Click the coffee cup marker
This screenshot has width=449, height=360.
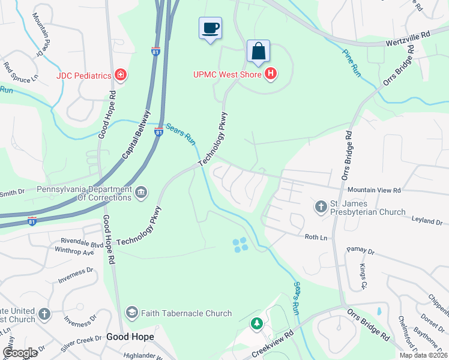(x=210, y=28)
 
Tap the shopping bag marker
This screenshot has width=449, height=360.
(x=258, y=52)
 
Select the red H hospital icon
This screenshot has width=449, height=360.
(x=271, y=74)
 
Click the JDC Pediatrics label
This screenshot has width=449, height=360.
(x=84, y=75)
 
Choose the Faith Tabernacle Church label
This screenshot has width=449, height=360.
(x=186, y=313)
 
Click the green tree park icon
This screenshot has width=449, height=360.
(x=256, y=324)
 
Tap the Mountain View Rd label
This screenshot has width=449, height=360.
(x=374, y=190)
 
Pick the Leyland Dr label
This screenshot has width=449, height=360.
(x=427, y=220)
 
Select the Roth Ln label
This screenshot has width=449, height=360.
(x=316, y=238)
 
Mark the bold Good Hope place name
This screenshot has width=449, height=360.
(x=130, y=337)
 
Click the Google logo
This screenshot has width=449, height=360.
(x=20, y=353)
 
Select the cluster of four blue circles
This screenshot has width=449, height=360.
(x=240, y=244)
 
